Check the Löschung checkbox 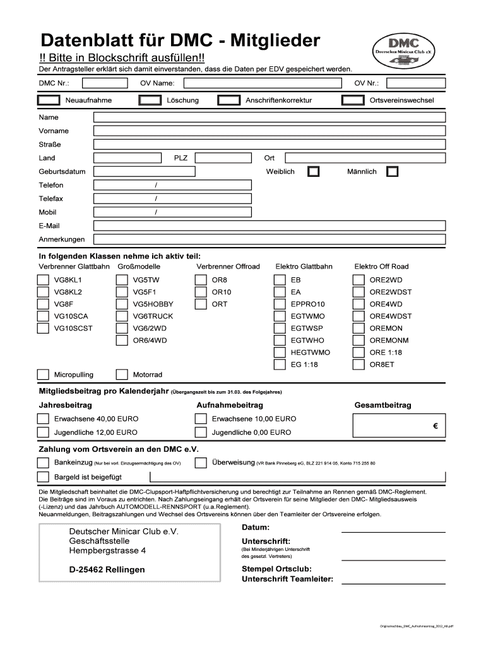149,100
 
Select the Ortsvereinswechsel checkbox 352,100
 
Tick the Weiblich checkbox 313,172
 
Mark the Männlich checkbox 393,172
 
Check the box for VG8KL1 43,280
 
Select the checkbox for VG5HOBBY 122,304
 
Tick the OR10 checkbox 201,292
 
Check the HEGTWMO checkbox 279,353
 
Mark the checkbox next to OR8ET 358,365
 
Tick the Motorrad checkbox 122,375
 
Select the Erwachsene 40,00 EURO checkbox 43,419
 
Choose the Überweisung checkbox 201,463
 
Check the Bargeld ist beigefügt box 43,477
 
